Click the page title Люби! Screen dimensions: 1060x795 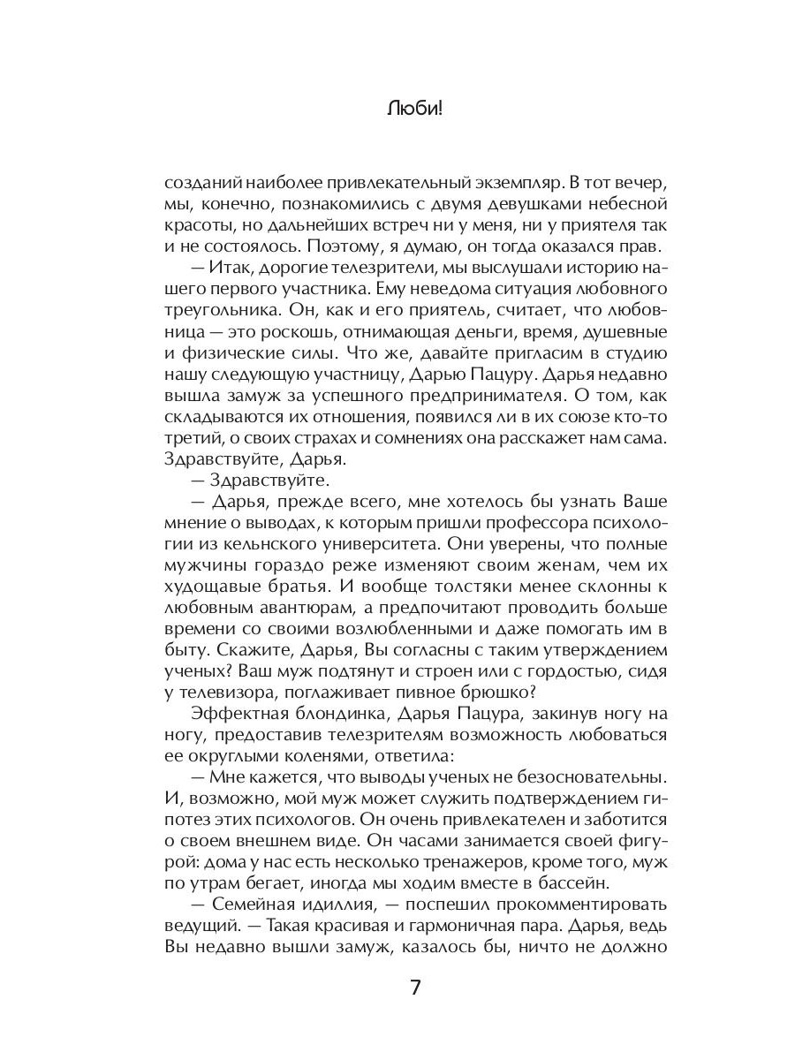[414, 110]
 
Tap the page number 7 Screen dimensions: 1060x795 [415, 987]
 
